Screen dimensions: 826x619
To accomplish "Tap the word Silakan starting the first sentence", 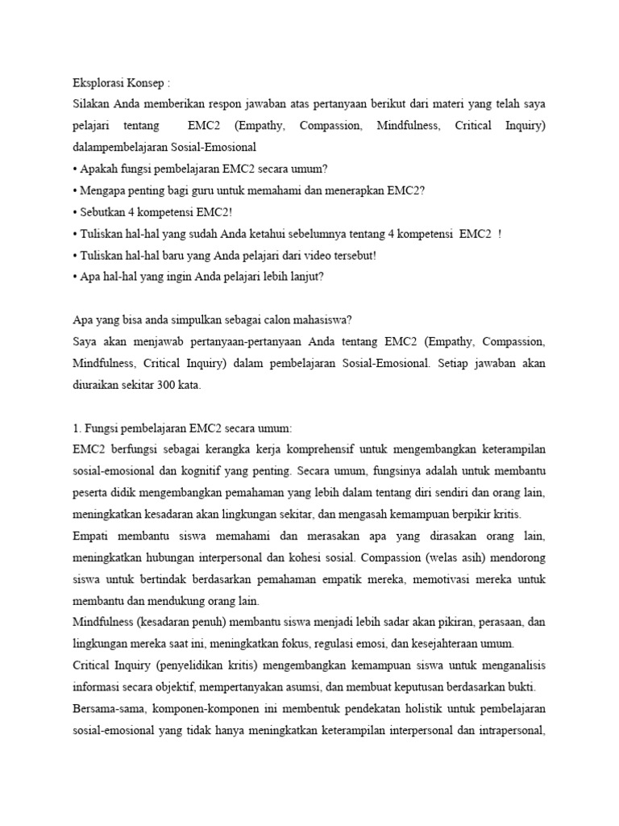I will click(91, 104).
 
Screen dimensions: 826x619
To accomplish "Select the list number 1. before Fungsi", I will click(76, 428).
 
